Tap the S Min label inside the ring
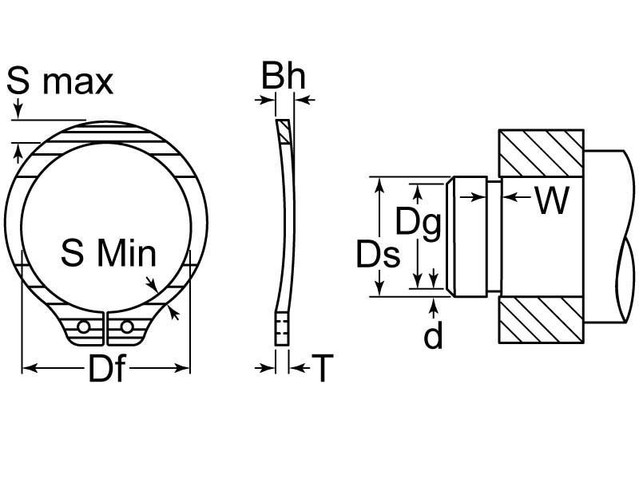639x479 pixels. click(109, 252)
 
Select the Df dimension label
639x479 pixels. click(106, 368)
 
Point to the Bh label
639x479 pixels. click(284, 75)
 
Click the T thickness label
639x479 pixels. click(323, 368)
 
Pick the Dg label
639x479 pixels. click(419, 224)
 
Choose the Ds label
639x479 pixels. click(378, 254)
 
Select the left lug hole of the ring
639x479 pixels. click(84, 327)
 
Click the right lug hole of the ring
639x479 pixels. click(127, 327)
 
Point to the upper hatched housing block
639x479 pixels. click(542, 153)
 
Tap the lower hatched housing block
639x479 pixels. click(542, 319)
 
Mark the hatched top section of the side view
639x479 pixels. click(284, 132)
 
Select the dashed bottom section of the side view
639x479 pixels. click(282, 329)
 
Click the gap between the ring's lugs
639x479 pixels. click(105, 329)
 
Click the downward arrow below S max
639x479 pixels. click(18, 108)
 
